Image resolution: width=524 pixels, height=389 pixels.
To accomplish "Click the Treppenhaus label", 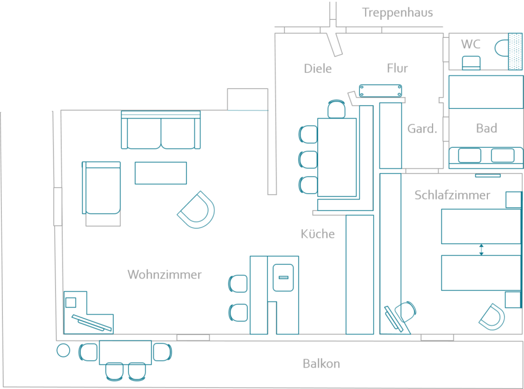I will click(398, 13).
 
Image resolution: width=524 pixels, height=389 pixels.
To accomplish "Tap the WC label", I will click(470, 44).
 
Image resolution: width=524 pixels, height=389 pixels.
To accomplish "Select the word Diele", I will click(318, 69).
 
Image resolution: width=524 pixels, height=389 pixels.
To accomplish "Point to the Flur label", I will click(397, 69).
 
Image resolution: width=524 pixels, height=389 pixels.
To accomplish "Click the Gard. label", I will click(422, 129).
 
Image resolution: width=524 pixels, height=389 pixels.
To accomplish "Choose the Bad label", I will click(486, 129).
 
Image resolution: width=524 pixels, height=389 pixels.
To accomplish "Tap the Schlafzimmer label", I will click(452, 195).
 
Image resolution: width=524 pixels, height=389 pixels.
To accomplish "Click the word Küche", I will click(318, 234).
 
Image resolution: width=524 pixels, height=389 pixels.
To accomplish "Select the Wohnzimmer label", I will click(165, 274).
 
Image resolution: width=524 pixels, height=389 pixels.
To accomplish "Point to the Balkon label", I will click(321, 364).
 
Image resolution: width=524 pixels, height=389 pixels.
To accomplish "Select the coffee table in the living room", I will click(161, 173).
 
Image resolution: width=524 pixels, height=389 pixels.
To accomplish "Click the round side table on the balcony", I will click(63, 350).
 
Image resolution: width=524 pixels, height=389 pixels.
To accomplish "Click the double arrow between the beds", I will click(481, 249).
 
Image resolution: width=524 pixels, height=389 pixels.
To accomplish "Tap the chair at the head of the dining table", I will click(337, 109).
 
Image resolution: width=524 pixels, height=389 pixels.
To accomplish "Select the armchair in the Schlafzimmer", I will click(493, 316).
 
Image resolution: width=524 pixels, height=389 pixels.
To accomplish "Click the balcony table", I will click(125, 352).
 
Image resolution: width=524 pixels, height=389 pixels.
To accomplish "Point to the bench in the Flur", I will click(381, 90).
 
